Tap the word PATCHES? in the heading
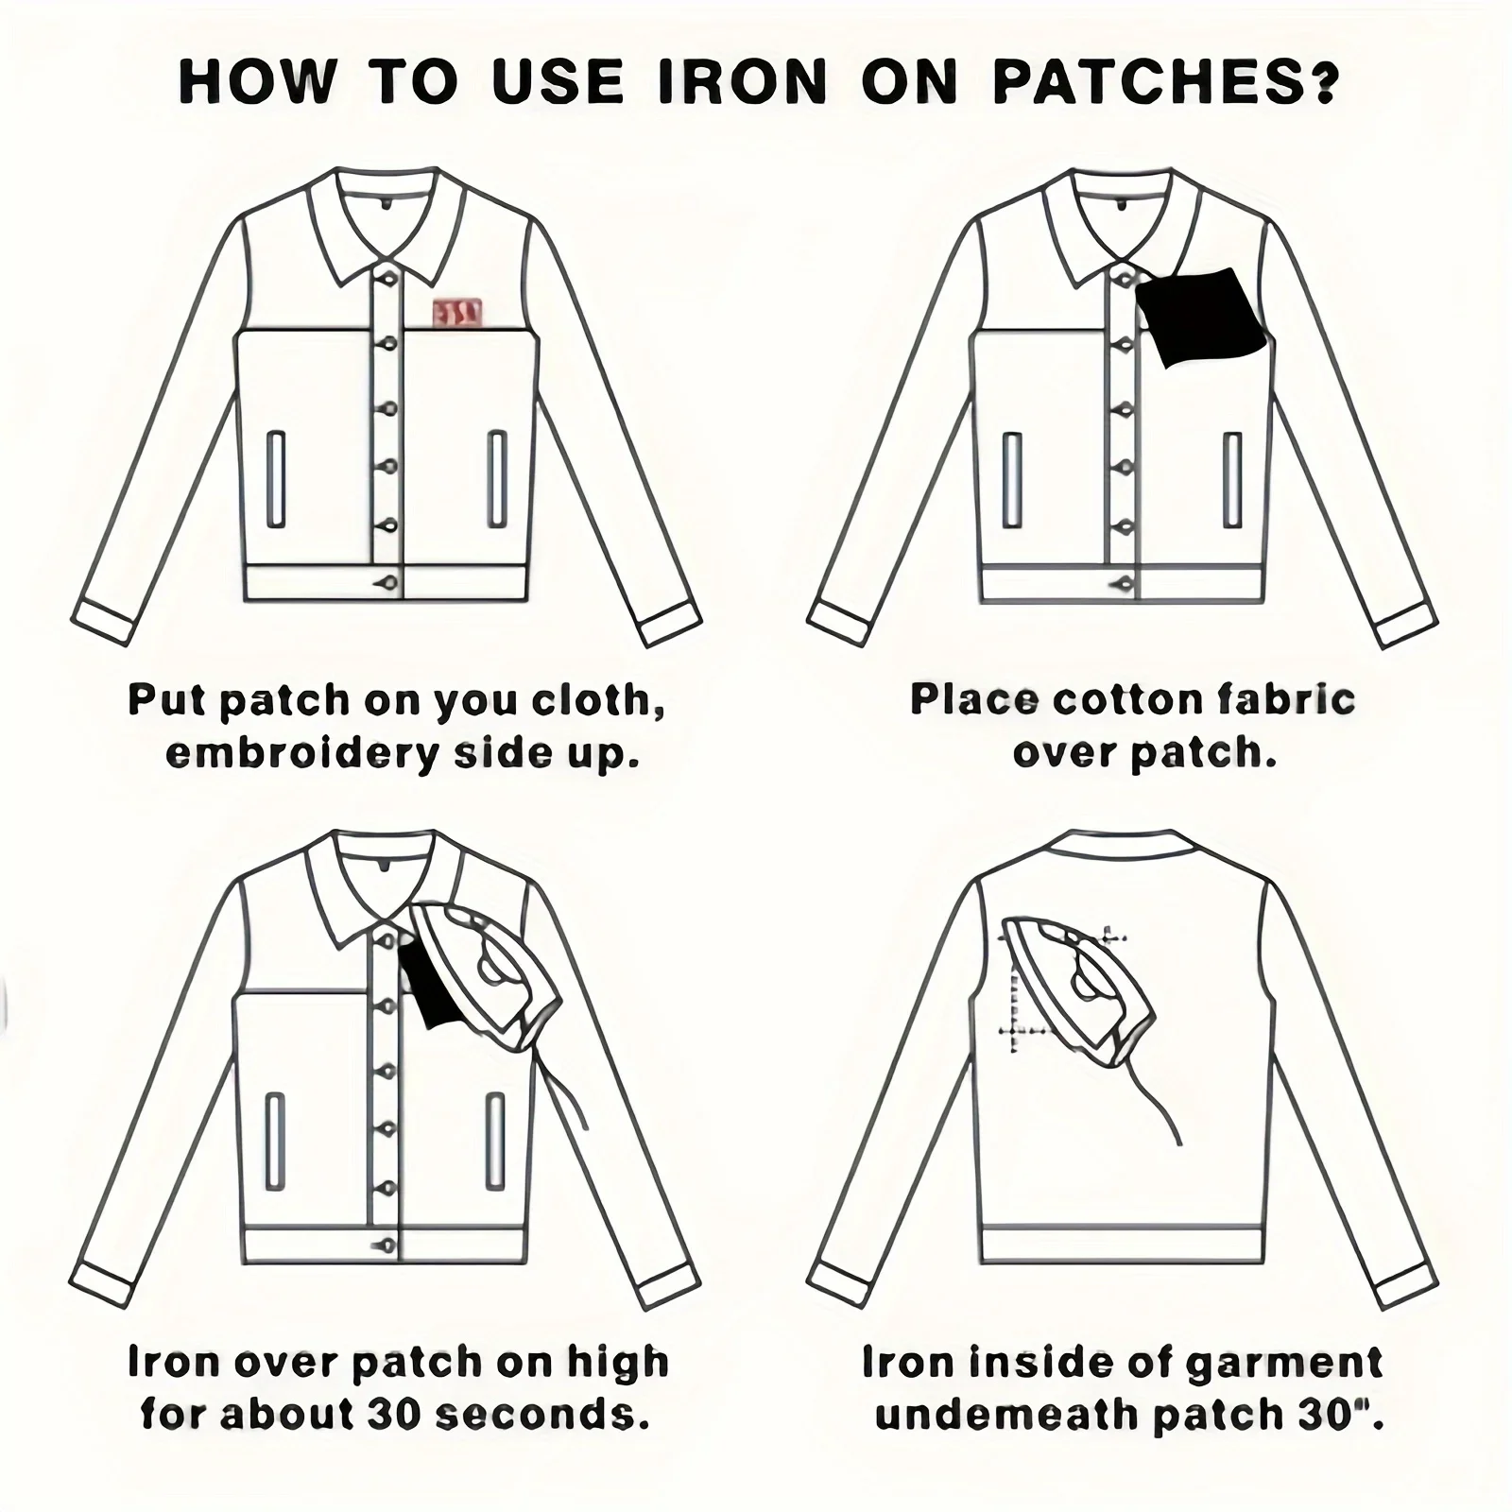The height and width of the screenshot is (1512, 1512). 1166,82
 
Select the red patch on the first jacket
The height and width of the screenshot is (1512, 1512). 457,313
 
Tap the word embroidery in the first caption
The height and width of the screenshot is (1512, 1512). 302,754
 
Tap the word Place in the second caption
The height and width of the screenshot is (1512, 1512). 973,699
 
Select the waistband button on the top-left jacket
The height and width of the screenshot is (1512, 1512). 387,583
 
